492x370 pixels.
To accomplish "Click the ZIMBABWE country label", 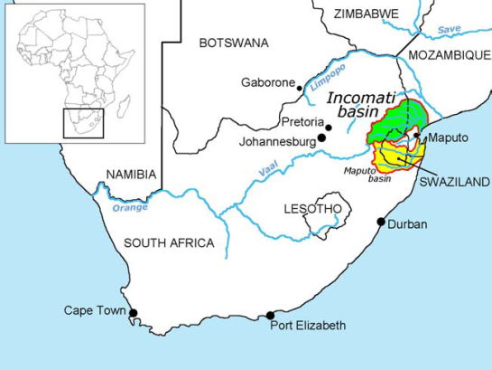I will pyautogui.click(x=366, y=14).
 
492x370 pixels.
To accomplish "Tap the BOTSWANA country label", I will pyautogui.click(x=234, y=43).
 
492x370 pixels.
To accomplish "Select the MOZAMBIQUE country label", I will pyautogui.click(x=449, y=55).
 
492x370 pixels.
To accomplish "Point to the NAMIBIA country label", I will pyautogui.click(x=131, y=174).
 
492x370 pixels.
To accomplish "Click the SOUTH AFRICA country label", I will pyautogui.click(x=169, y=242).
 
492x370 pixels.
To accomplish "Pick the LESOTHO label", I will pyautogui.click(x=312, y=209).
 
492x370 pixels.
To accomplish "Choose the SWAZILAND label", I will pyautogui.click(x=453, y=181).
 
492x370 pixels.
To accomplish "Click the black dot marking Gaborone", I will pyautogui.click(x=300, y=88).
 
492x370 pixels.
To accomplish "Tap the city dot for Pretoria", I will pyautogui.click(x=329, y=128).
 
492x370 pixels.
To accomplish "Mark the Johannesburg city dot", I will pyautogui.click(x=321, y=139).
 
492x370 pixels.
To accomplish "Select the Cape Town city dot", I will pyautogui.click(x=134, y=313).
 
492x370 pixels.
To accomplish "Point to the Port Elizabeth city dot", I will pyautogui.click(x=270, y=316).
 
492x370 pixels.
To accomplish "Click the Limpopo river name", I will pyautogui.click(x=328, y=77).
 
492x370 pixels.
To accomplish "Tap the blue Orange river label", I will pyautogui.click(x=130, y=207).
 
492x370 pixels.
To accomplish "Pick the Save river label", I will pyautogui.click(x=449, y=30).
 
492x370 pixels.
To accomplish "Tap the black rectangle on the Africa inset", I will pyautogui.click(x=83, y=124).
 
